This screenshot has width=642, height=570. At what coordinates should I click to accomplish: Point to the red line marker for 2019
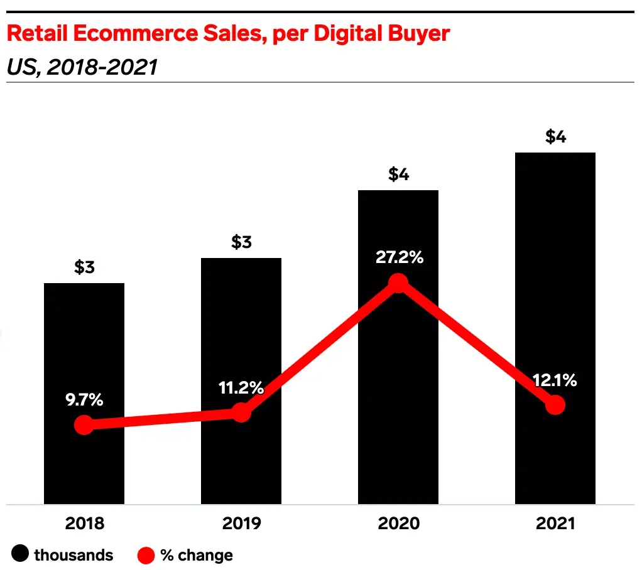(x=241, y=412)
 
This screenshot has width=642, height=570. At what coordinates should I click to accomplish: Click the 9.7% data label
(x=85, y=400)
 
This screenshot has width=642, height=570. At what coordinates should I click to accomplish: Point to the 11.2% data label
(x=242, y=388)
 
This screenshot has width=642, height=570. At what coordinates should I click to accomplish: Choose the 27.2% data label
(x=399, y=257)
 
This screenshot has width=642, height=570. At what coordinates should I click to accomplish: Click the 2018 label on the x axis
(x=84, y=524)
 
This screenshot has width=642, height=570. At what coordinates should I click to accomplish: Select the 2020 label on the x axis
(x=398, y=524)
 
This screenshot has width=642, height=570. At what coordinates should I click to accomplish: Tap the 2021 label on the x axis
(x=555, y=524)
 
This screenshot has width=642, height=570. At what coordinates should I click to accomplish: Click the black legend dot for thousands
(x=21, y=555)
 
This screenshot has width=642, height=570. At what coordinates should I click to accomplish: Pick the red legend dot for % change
(x=146, y=555)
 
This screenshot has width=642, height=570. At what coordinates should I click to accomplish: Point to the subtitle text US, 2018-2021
(x=82, y=67)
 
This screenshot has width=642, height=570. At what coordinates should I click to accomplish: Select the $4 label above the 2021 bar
(x=555, y=137)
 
